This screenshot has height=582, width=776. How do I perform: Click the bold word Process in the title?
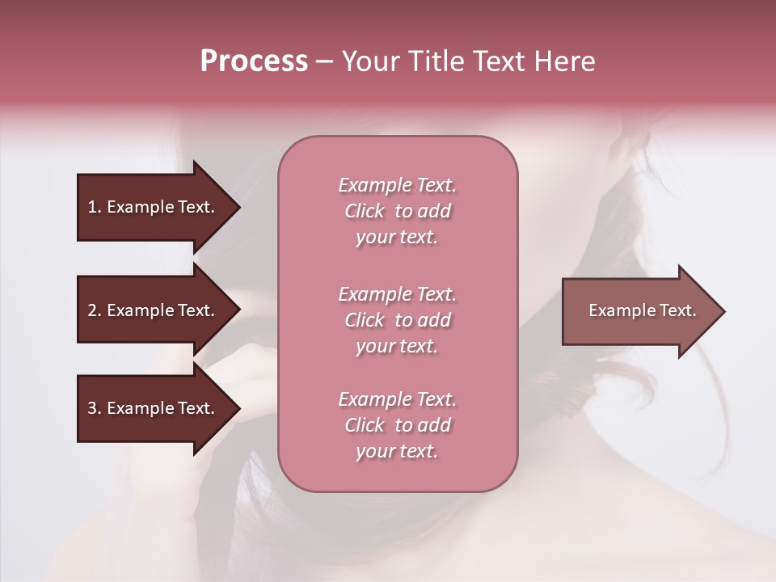click(254, 61)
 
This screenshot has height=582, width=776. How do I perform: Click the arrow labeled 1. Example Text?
click(154, 207)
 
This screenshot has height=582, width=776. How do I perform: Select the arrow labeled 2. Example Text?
click(154, 310)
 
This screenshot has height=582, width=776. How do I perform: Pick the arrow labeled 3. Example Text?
click(154, 408)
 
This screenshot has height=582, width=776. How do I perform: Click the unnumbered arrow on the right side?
click(639, 311)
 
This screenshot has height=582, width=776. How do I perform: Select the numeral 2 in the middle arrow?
click(92, 310)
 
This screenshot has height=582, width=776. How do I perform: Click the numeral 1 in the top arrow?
click(92, 207)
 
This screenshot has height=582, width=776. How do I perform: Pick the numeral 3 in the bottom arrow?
click(92, 408)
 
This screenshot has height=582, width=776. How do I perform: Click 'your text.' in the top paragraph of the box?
click(397, 238)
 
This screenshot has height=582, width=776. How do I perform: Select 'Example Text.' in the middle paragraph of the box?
click(397, 293)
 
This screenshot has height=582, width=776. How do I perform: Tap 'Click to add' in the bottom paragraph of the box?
click(397, 425)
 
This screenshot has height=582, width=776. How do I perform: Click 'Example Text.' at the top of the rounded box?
click(397, 185)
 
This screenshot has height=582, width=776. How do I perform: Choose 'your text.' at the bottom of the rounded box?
click(397, 452)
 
